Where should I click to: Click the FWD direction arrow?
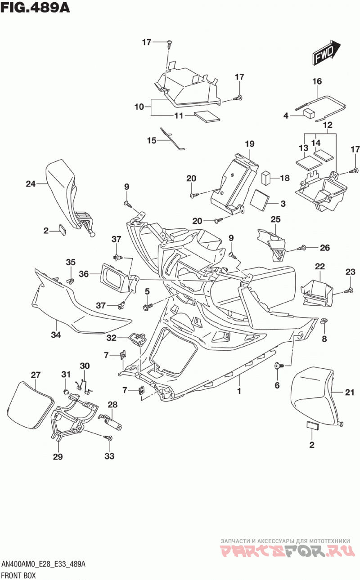pyautogui.click(x=327, y=52)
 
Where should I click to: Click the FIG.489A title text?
pyautogui.click(x=35, y=8)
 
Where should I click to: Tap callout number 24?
pyautogui.click(x=31, y=184)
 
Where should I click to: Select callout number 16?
pyautogui.click(x=317, y=81)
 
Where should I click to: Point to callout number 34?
pyautogui.click(x=56, y=335)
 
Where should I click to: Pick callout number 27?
pyautogui.click(x=36, y=375)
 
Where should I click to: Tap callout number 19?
pyautogui.click(x=250, y=144)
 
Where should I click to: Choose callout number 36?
pyautogui.click(x=84, y=274)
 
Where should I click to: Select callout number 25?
pyautogui.click(x=275, y=219)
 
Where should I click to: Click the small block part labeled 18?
pyautogui.click(x=266, y=178)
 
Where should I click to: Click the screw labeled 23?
pyautogui.click(x=348, y=290)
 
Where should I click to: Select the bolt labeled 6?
pyautogui.click(x=278, y=366)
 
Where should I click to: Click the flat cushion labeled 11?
pyautogui.click(x=207, y=117)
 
